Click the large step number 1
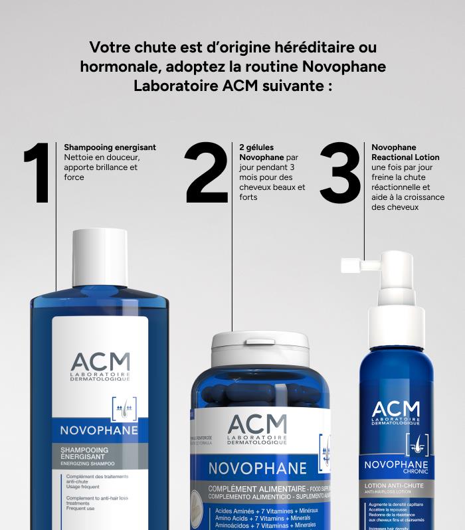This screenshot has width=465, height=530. tap(37, 173)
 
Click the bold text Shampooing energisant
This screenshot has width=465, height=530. tap(110, 147)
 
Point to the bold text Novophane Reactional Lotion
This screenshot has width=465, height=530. tap(405, 152)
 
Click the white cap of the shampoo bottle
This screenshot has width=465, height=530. tap(100, 257)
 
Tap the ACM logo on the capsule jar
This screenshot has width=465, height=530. tap(257, 428)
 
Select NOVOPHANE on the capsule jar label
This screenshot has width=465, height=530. tap(257, 468)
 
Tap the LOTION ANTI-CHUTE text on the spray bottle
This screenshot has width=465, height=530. tap(395, 486)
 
